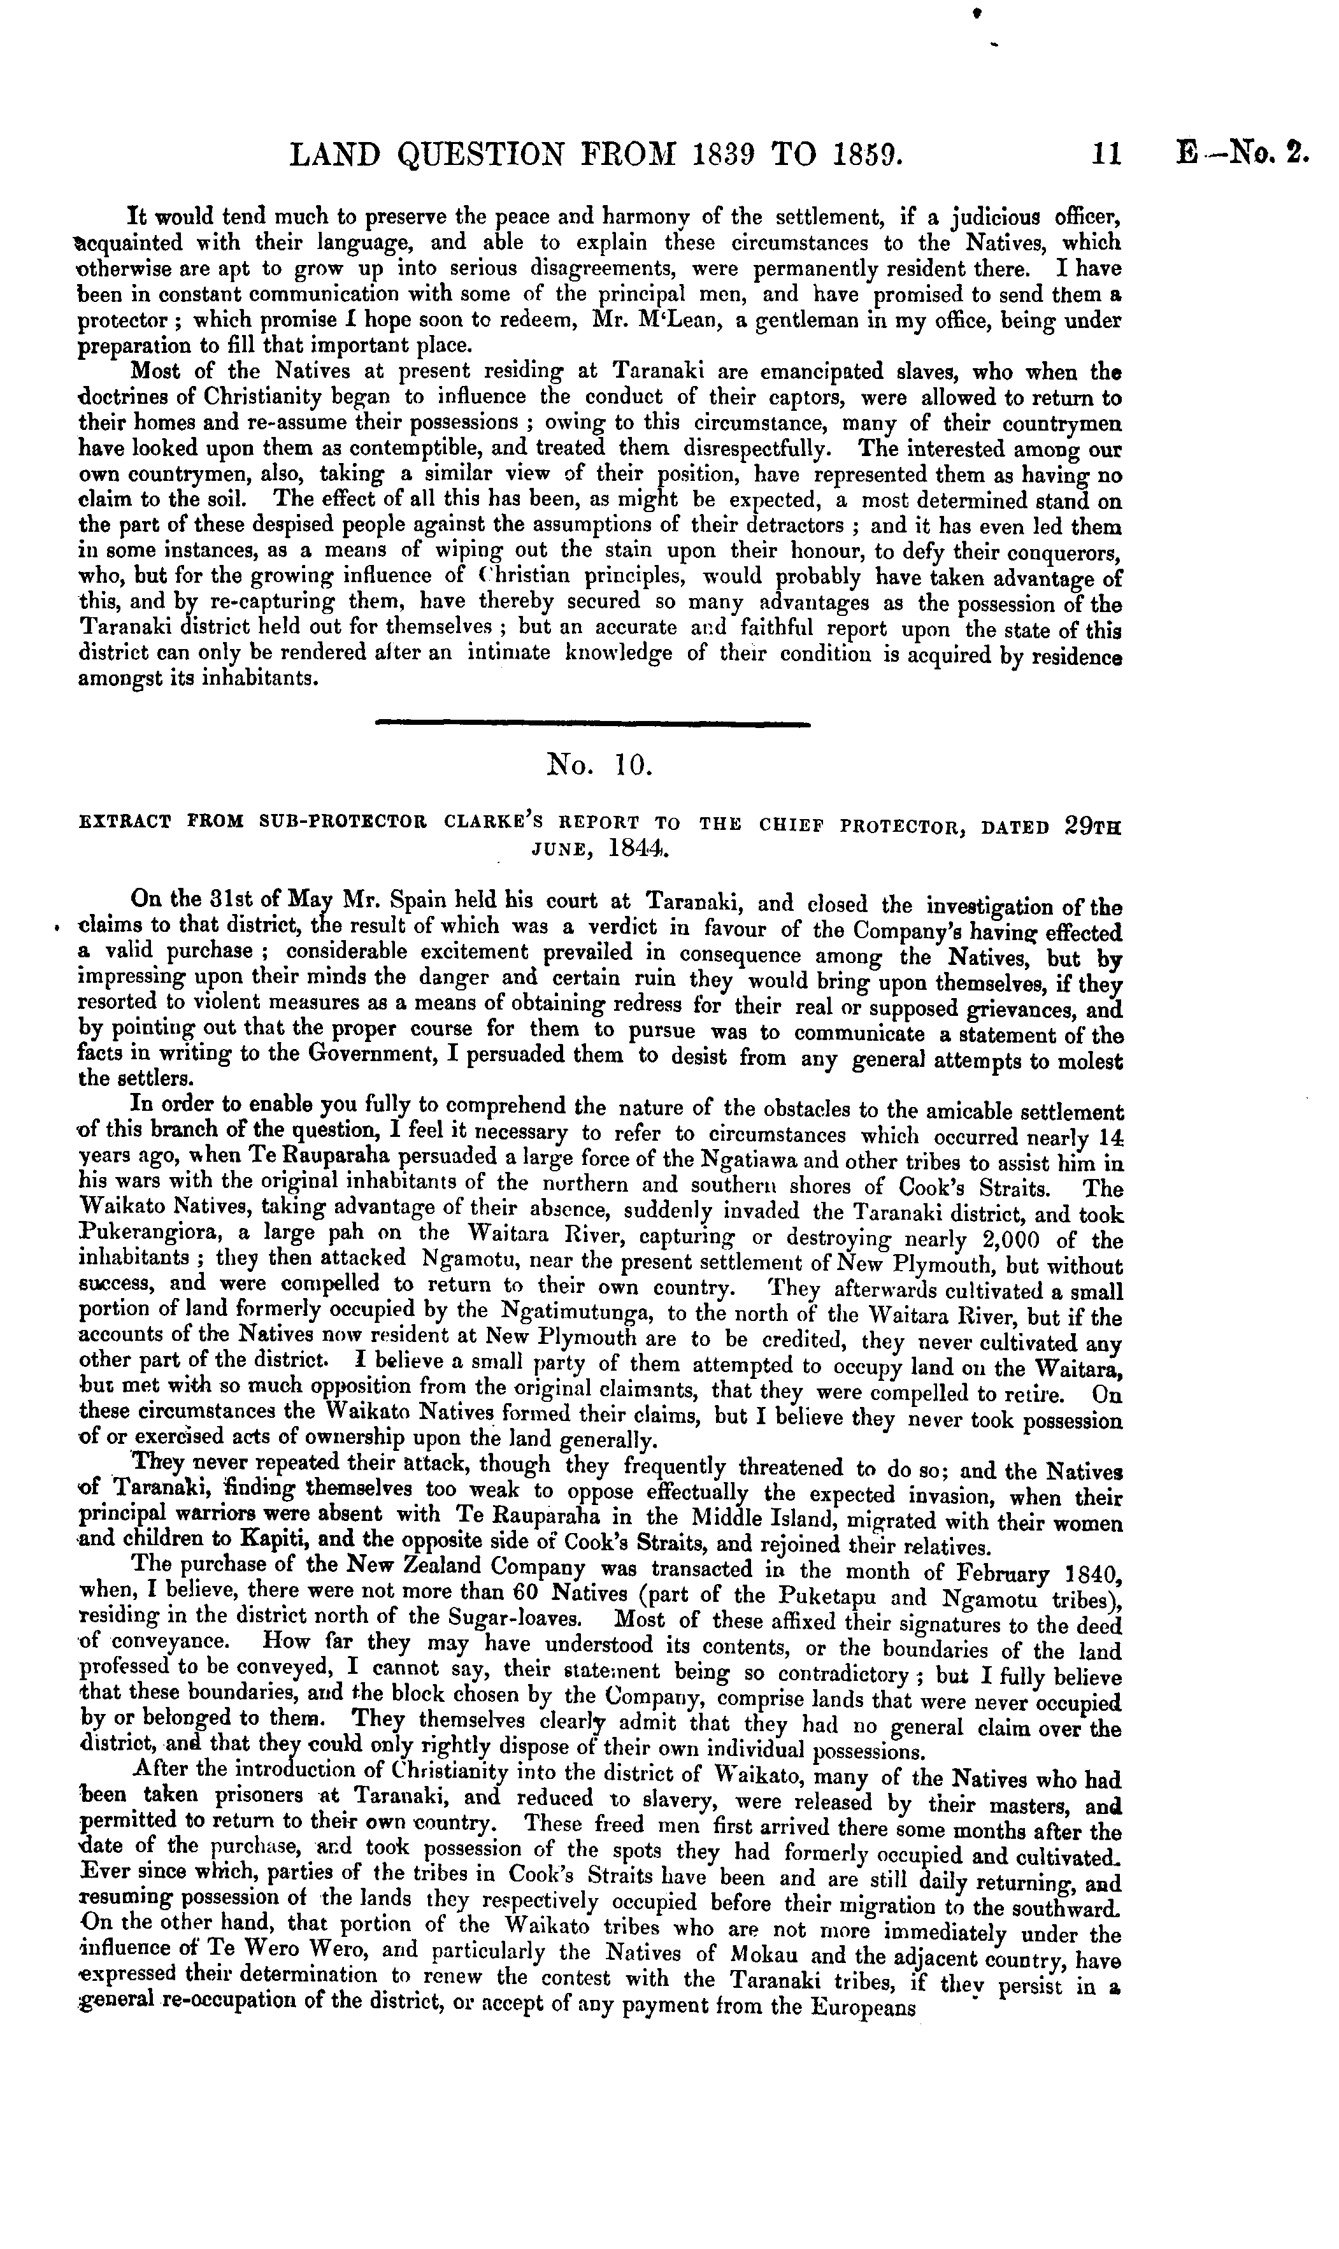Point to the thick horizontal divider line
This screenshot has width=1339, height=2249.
[592, 723]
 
